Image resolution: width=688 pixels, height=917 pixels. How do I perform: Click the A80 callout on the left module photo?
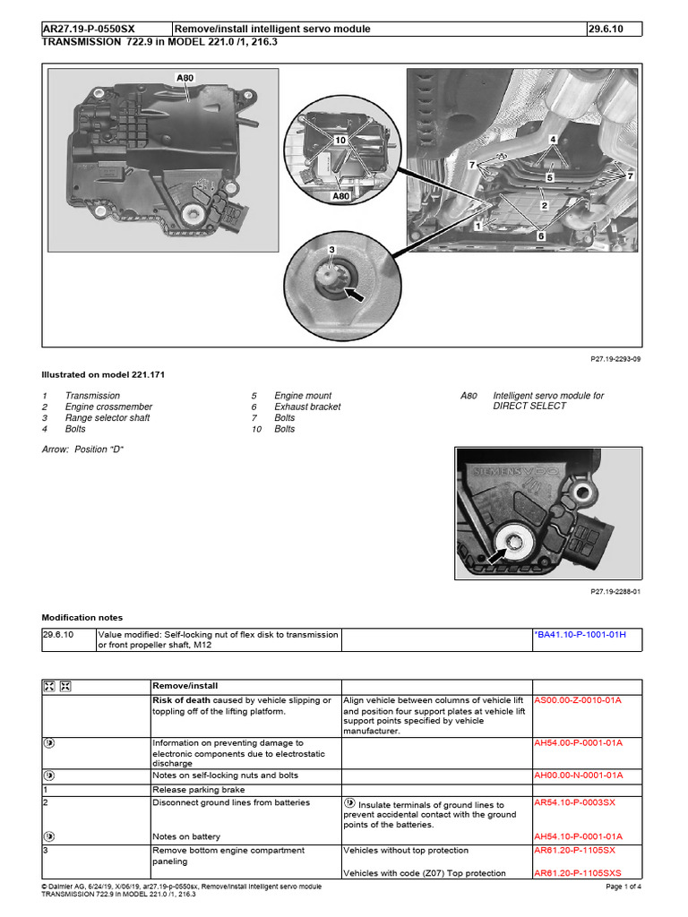click(185, 79)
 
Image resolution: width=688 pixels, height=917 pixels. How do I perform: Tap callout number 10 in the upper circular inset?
click(340, 141)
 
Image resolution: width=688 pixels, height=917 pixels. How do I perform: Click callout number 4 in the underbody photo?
click(553, 140)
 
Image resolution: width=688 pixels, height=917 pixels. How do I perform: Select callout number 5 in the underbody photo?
click(550, 178)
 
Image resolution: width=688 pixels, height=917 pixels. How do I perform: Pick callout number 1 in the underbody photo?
click(479, 227)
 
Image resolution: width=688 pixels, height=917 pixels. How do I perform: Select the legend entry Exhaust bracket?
click(307, 407)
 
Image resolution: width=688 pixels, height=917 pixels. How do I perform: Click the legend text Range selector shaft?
click(107, 418)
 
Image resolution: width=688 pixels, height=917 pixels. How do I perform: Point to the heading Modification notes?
click(82, 618)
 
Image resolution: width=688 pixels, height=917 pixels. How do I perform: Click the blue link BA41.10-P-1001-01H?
click(579, 635)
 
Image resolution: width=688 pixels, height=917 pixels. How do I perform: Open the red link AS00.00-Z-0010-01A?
click(578, 700)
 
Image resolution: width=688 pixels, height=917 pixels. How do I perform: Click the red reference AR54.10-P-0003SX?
click(574, 803)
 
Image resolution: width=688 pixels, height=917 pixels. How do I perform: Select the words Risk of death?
click(182, 700)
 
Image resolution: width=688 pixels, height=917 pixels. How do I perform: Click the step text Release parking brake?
click(197, 790)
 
